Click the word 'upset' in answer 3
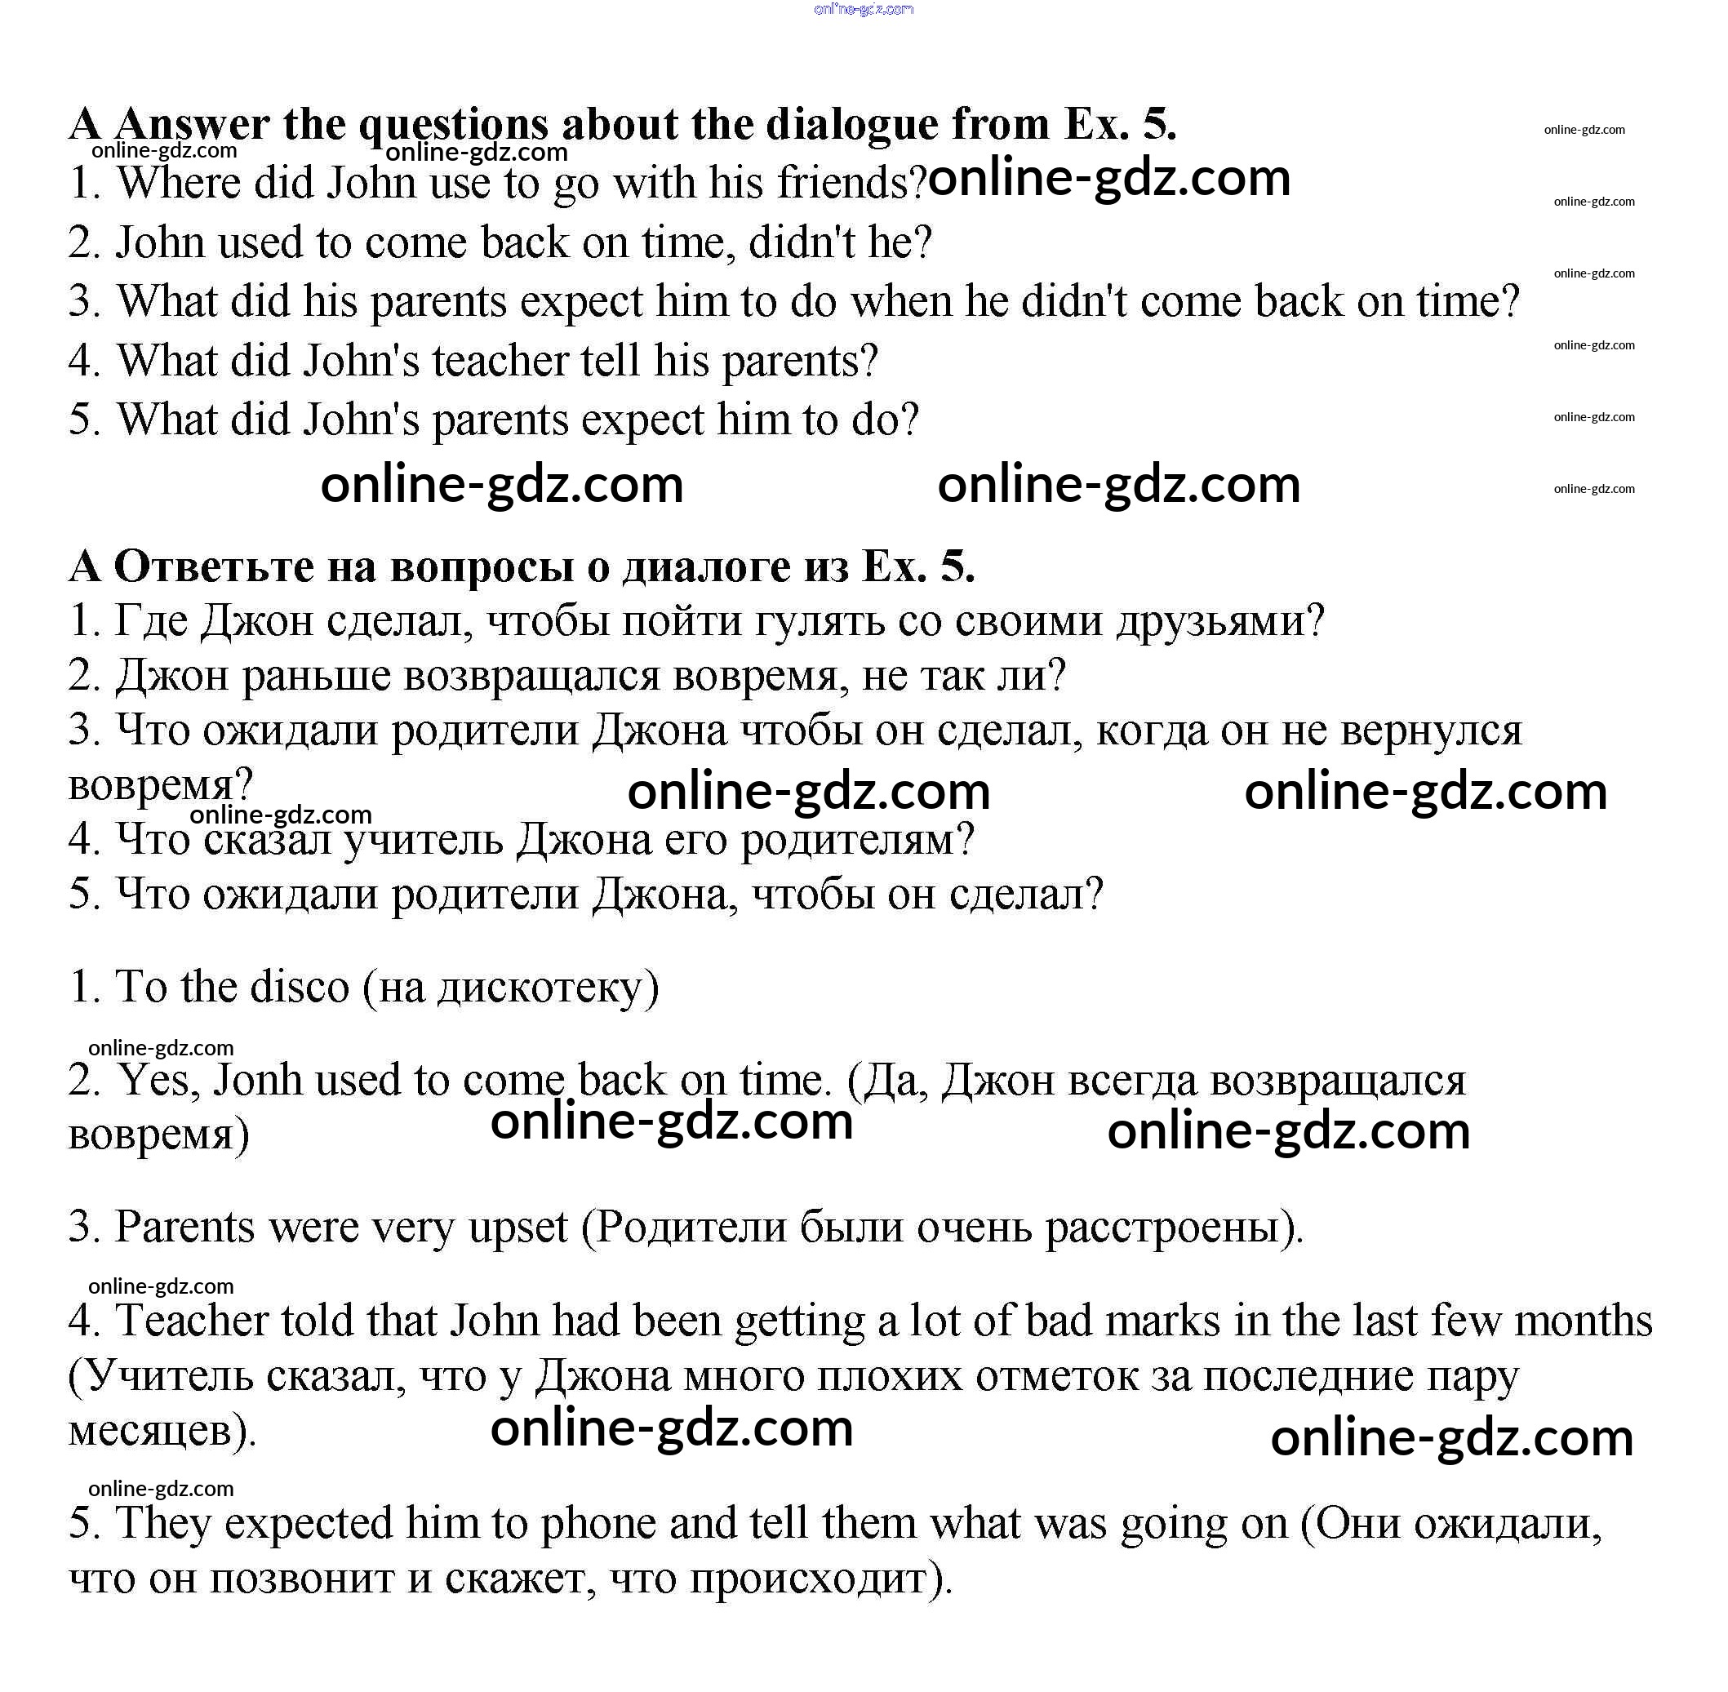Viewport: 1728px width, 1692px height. [x=518, y=1228]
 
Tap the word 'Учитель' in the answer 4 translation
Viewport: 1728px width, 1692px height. [x=169, y=1376]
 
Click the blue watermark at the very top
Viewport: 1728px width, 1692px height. [x=863, y=10]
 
